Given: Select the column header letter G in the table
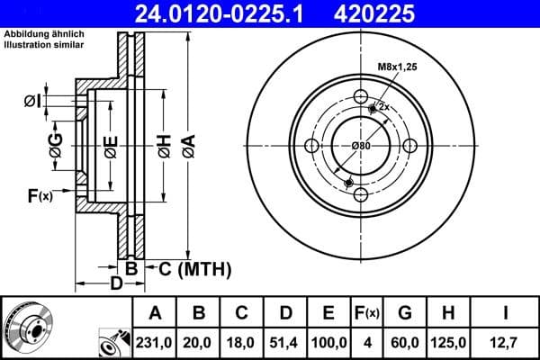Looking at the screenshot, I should point(405,313).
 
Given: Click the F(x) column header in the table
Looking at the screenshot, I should point(369,313).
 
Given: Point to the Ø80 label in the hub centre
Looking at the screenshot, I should point(361,146).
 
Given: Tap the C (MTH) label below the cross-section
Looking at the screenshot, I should point(195,268).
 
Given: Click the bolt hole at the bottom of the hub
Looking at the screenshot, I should point(361,194).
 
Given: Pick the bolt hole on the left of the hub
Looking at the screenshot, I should point(312,146).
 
